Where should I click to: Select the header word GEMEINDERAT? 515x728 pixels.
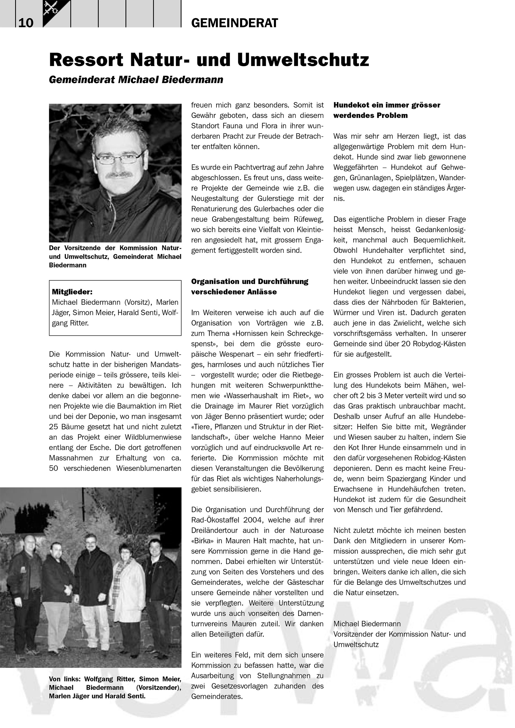[x=234, y=23]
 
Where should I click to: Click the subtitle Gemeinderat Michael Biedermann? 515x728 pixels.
[x=136, y=79]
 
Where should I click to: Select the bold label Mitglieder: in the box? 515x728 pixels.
[x=72, y=292]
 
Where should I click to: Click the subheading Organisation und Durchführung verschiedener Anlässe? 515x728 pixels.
[x=249, y=286]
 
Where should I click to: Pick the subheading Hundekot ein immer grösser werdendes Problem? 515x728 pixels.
[x=387, y=110]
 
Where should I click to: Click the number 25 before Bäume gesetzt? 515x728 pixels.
[x=54, y=427]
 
